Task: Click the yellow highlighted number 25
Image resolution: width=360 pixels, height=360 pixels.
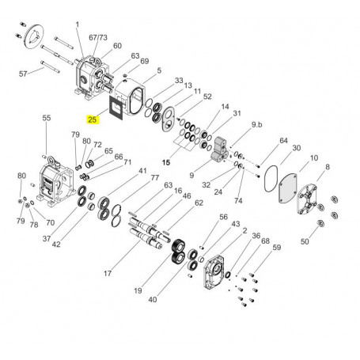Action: point(93,120)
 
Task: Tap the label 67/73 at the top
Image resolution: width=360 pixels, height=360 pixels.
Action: point(98,36)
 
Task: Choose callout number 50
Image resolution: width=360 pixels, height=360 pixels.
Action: point(305,241)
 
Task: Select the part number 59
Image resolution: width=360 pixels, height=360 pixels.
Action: point(276,248)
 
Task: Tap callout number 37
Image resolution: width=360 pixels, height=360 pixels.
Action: point(47,239)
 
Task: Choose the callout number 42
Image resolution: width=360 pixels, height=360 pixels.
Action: point(56,245)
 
